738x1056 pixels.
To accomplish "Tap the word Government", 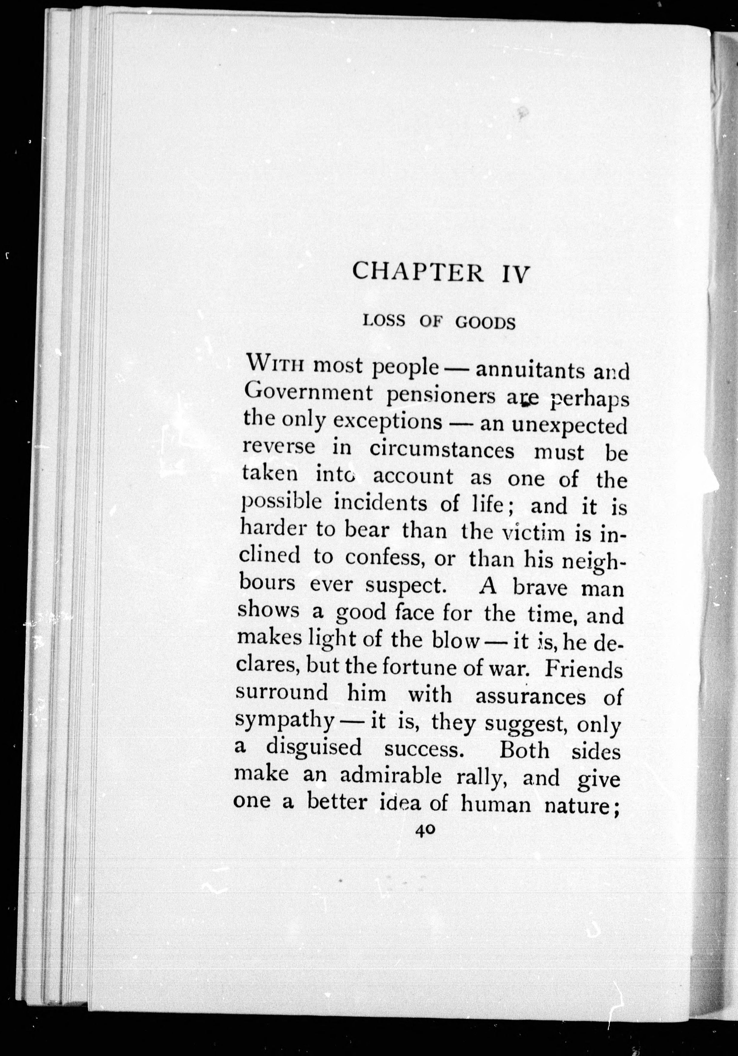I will tap(307, 393).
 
